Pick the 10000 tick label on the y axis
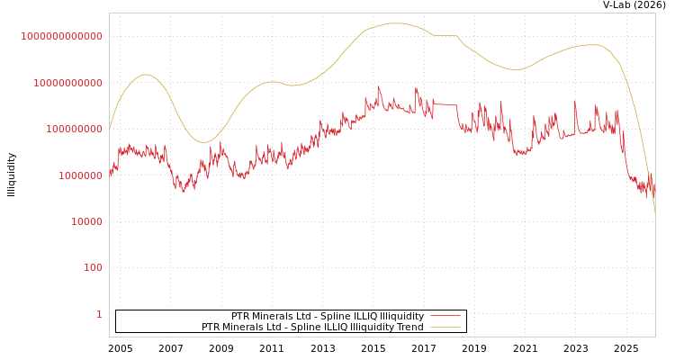pyautogui.click(x=84, y=221)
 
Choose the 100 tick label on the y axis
pyautogui.click(x=93, y=267)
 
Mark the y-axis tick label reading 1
pyautogui.click(x=99, y=314)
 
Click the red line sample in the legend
pyautogui.click(x=445, y=316)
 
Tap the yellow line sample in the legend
pyautogui.click(x=445, y=327)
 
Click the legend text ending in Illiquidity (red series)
pyautogui.click(x=328, y=316)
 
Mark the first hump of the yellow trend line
pyautogui.click(x=145, y=75)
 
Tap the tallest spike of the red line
pyautogui.click(x=379, y=87)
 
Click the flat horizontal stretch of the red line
pyautogui.click(x=445, y=104)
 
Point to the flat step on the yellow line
pyautogui.click(x=445, y=35)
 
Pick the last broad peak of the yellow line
pyautogui.click(x=589, y=44)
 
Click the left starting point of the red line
pyautogui.click(x=110, y=173)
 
